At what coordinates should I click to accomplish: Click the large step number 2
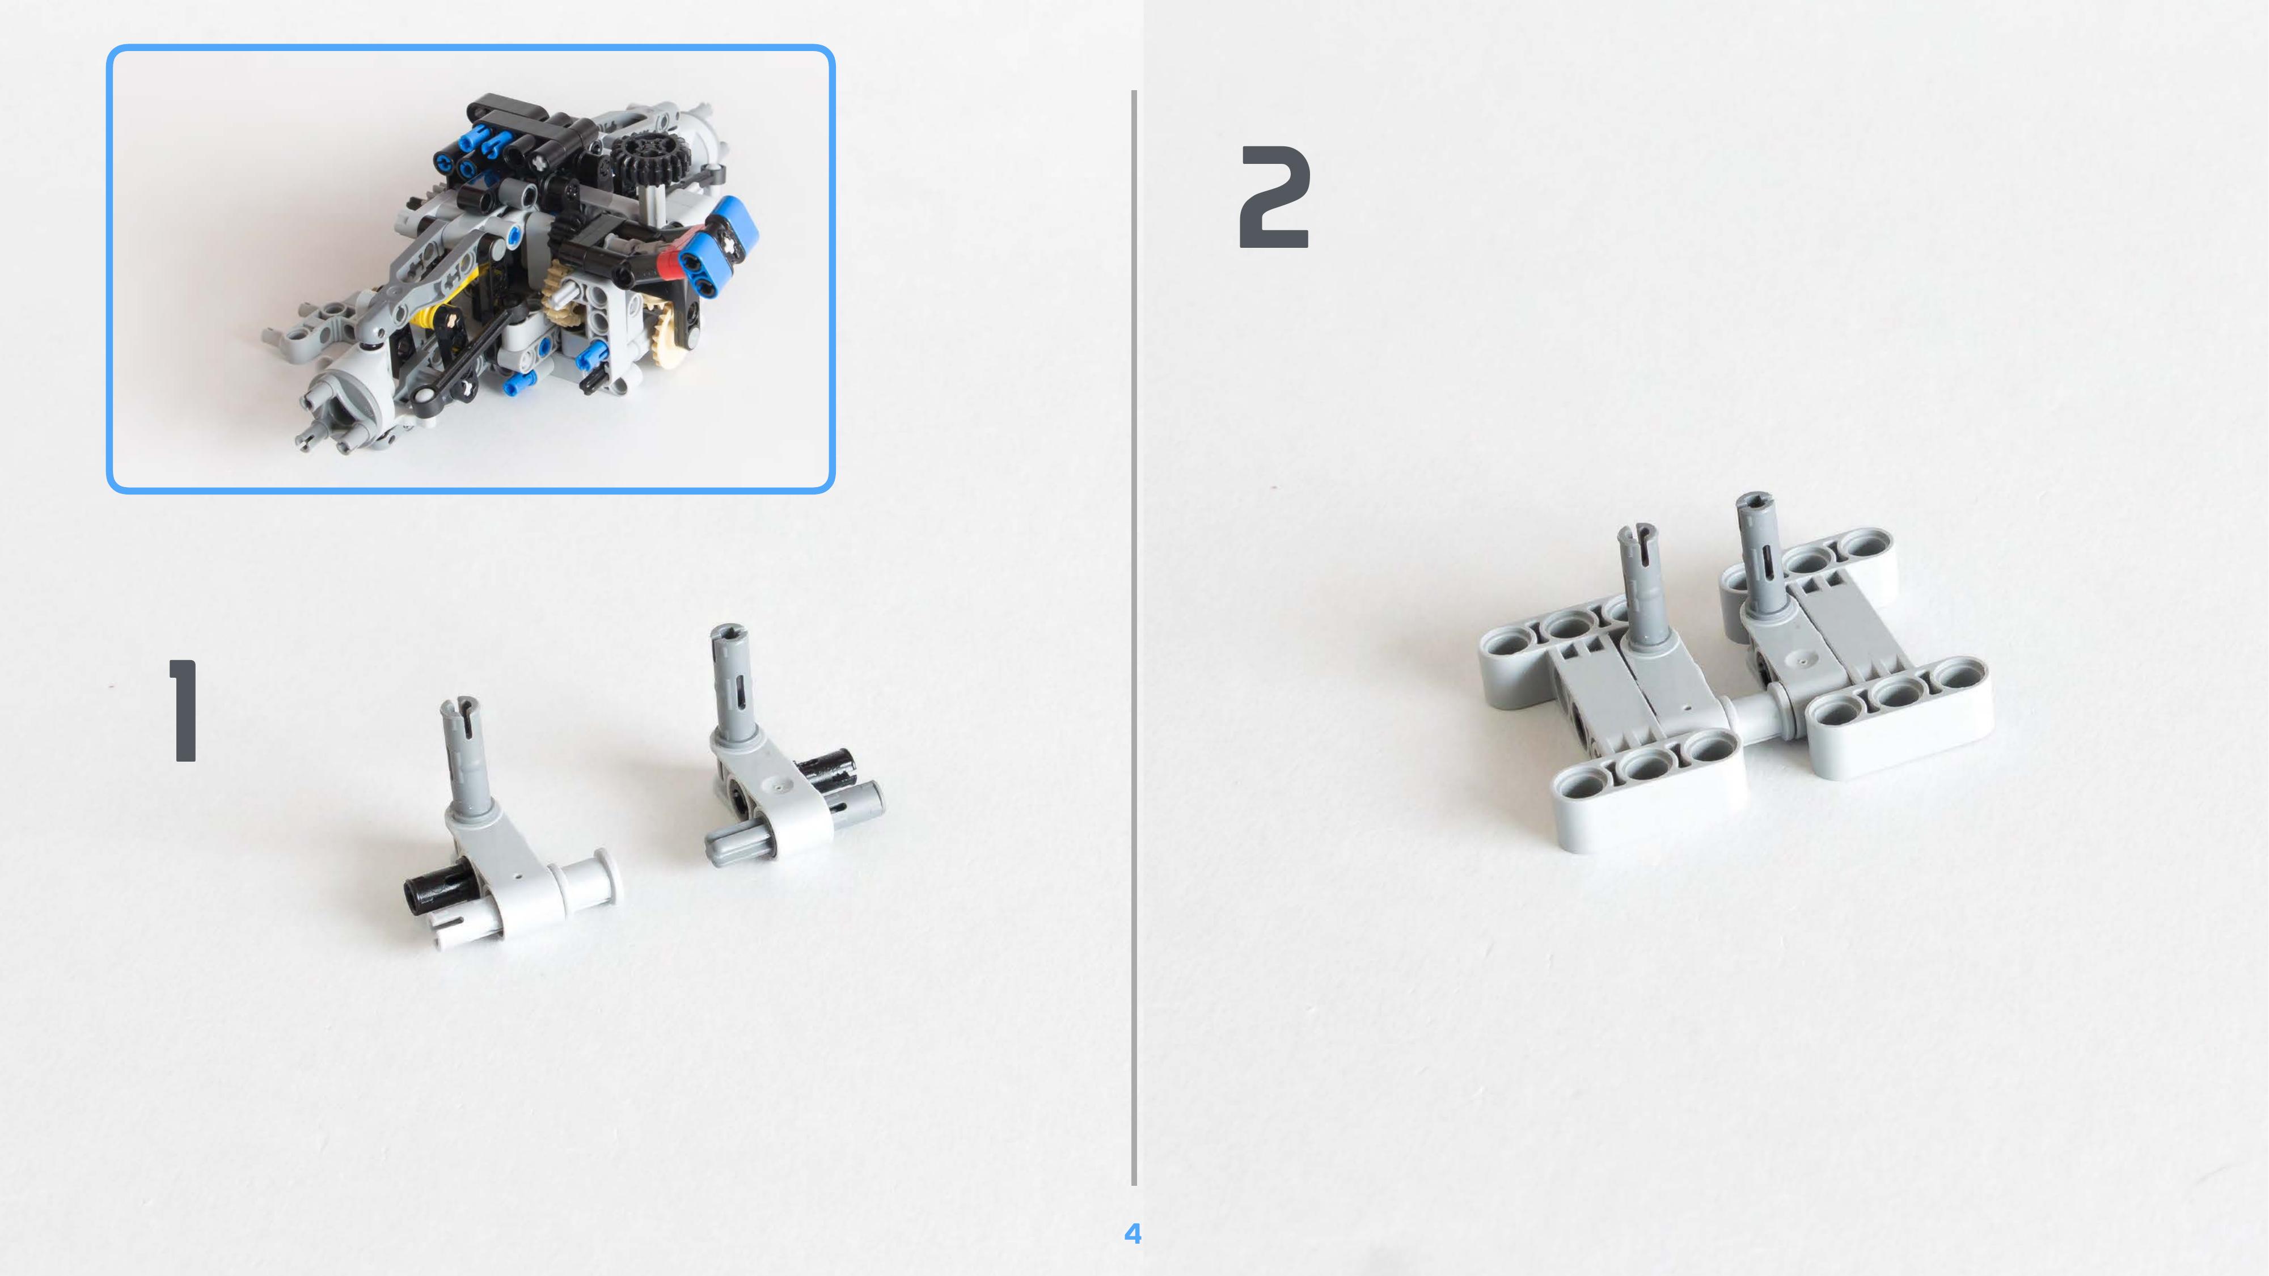pyautogui.click(x=1274, y=197)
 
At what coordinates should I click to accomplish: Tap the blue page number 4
pyautogui.click(x=1133, y=1233)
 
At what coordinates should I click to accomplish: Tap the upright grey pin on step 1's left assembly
pyautogui.click(x=465, y=757)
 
